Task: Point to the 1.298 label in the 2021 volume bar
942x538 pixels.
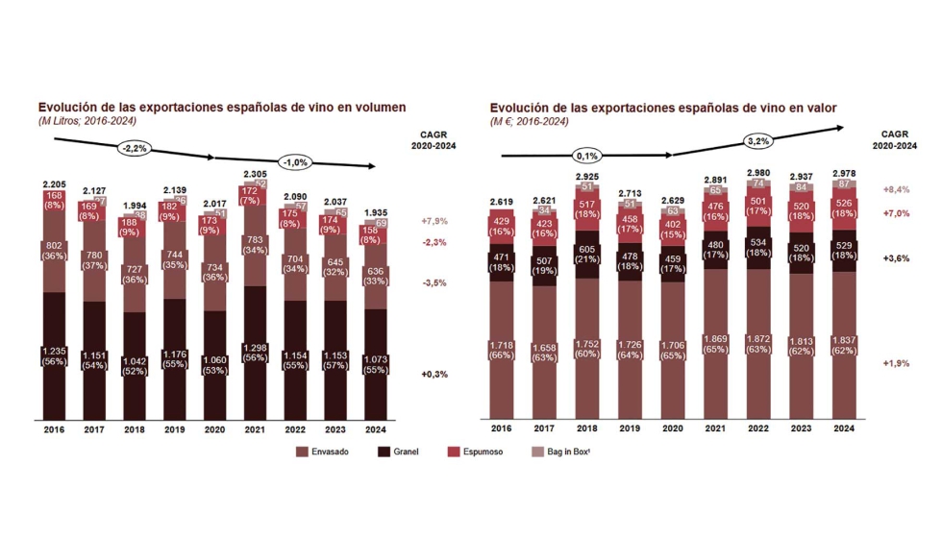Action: click(x=257, y=348)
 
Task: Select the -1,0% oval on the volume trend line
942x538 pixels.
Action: click(x=294, y=161)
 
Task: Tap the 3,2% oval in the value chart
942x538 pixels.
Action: click(x=758, y=141)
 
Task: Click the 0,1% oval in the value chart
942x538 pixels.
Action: click(x=587, y=154)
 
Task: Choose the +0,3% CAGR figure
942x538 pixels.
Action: click(x=434, y=374)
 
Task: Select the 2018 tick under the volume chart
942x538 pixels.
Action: click(x=136, y=429)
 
